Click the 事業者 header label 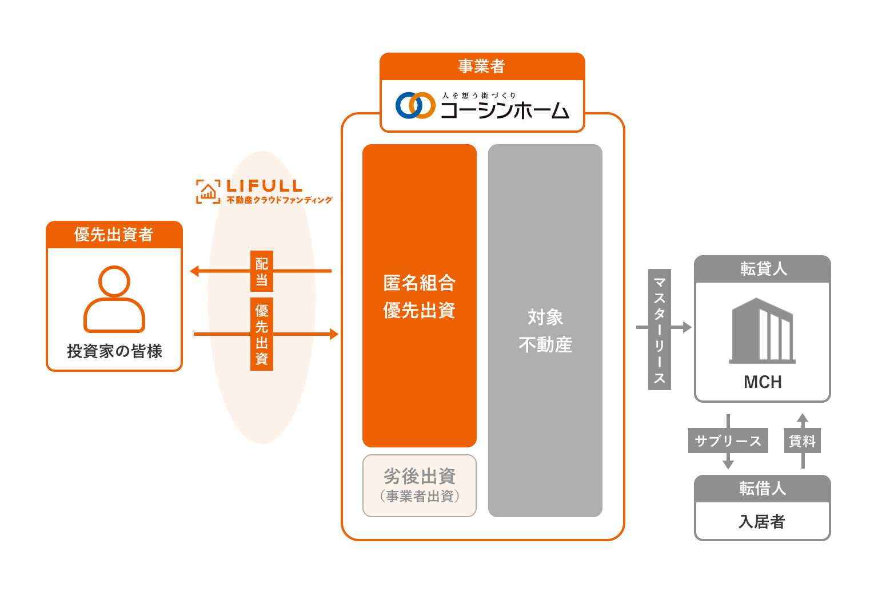482,67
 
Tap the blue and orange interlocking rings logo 416,105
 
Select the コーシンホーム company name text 505,110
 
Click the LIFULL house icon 208,192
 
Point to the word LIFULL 264,186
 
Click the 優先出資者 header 114,235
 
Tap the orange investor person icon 114,299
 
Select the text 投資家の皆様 114,351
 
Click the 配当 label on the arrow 262,271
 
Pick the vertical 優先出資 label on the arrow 262,334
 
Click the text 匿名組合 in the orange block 420,283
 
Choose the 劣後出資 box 420,485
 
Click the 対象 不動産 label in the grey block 545,331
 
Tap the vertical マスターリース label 659,330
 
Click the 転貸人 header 763,269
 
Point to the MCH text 763,382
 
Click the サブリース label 728,441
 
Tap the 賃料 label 803,441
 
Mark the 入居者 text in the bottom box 762,521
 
